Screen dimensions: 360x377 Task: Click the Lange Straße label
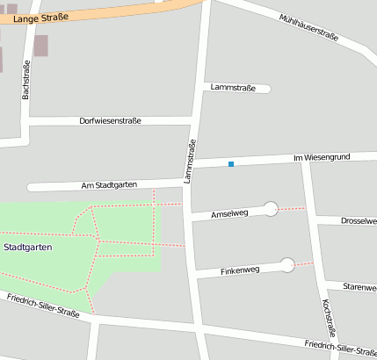(x=40, y=17)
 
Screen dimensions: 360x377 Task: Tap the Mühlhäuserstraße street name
(x=308, y=30)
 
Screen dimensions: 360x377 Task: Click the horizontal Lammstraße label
(x=233, y=88)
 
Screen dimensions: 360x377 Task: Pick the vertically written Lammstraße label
(x=189, y=162)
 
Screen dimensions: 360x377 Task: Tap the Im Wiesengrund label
(x=321, y=157)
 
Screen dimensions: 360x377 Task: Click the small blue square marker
(x=231, y=164)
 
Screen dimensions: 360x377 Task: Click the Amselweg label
(x=232, y=213)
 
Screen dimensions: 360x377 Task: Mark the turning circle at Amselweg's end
(x=271, y=208)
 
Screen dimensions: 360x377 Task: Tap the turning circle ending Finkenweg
(x=286, y=263)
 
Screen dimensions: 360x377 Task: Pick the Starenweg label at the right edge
(x=359, y=287)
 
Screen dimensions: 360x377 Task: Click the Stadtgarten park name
(x=27, y=248)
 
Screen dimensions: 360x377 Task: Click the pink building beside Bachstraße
(x=41, y=46)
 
